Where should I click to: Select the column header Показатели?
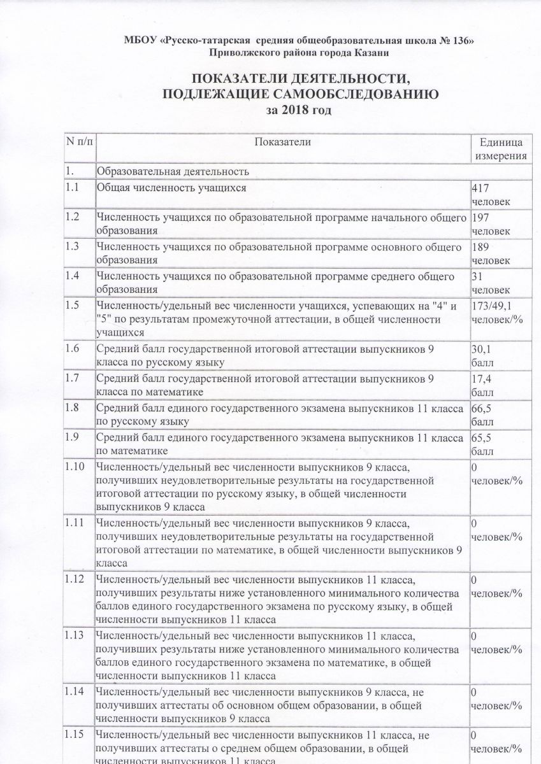click(282, 142)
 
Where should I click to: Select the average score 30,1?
click(480, 350)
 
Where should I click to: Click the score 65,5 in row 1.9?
click(480, 438)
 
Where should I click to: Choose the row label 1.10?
click(75, 468)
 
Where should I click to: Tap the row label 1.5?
click(73, 306)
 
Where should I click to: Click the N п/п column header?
click(78, 142)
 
